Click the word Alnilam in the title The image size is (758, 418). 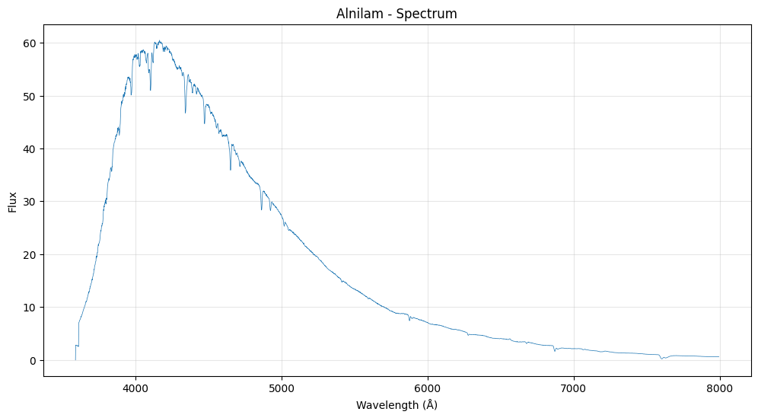click(357, 14)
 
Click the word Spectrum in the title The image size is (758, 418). click(429, 14)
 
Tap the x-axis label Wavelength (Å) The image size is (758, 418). click(397, 405)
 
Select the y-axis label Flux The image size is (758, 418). click(13, 201)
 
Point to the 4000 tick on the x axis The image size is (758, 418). click(135, 389)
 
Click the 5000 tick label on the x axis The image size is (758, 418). click(282, 389)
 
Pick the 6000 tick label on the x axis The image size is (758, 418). click(428, 389)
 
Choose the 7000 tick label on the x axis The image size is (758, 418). click(574, 389)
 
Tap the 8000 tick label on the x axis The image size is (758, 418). click(720, 389)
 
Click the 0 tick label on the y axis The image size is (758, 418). click(33, 360)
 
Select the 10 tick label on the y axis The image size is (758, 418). click(30, 308)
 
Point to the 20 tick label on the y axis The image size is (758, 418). click(30, 254)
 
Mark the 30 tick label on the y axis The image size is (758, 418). click(30, 202)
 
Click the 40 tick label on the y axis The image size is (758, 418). click(30, 148)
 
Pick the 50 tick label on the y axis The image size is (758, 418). click(30, 96)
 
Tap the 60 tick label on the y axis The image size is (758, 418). click(30, 43)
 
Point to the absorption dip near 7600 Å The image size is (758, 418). click(662, 358)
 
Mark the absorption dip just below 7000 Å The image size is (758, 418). click(555, 350)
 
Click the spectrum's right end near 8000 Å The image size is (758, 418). click(718, 357)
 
